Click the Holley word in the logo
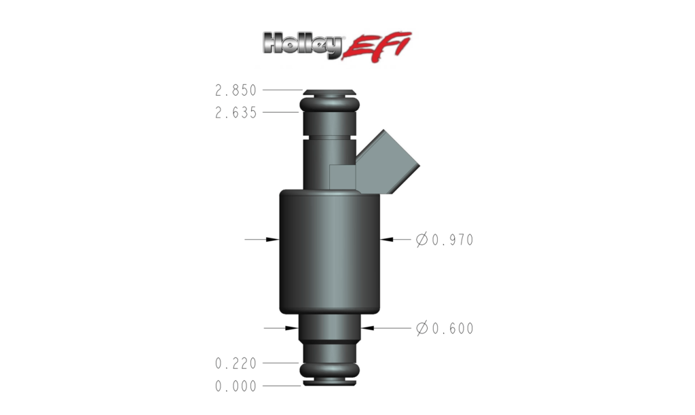click(302, 46)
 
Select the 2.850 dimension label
click(236, 90)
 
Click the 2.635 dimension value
click(236, 113)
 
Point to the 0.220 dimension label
click(236, 364)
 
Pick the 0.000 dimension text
click(236, 386)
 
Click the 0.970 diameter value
click(452, 240)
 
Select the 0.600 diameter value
click(452, 329)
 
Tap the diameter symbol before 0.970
click(421, 240)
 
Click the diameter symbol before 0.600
click(421, 329)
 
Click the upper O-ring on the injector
click(329, 104)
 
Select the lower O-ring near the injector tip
click(329, 370)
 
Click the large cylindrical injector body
click(329, 251)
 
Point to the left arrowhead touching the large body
click(274, 240)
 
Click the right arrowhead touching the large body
click(385, 240)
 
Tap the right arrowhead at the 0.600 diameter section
click(366, 329)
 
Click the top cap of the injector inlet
click(329, 91)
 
